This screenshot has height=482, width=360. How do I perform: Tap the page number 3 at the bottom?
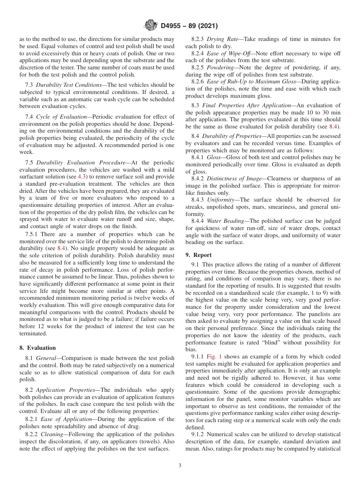click(180, 465)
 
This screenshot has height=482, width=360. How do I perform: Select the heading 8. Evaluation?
click(37, 348)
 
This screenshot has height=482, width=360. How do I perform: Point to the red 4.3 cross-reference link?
click(82, 177)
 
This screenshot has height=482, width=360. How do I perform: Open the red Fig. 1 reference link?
click(213, 357)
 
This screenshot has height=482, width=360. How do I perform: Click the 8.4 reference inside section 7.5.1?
click(61, 248)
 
